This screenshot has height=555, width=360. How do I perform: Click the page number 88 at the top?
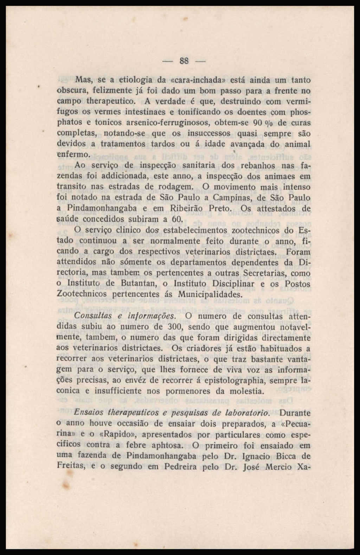[x=184, y=61]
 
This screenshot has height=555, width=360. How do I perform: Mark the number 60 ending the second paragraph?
[x=176, y=219]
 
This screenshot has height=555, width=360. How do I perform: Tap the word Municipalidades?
[x=210, y=294]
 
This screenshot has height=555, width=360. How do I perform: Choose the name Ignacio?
[x=256, y=456]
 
